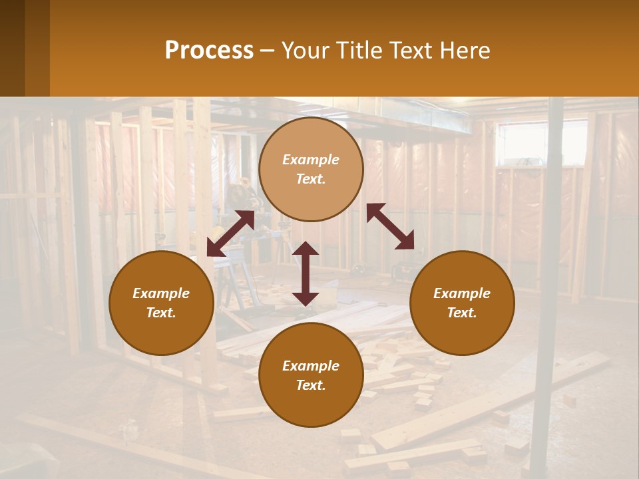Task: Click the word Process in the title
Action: click(209, 51)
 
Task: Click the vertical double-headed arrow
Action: click(306, 273)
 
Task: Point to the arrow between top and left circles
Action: click(230, 234)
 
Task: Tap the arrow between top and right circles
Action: click(390, 226)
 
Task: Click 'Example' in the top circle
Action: click(311, 160)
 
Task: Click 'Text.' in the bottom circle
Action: click(311, 385)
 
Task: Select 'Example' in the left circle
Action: click(161, 293)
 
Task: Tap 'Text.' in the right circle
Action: click(462, 313)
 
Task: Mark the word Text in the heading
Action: click(407, 51)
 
